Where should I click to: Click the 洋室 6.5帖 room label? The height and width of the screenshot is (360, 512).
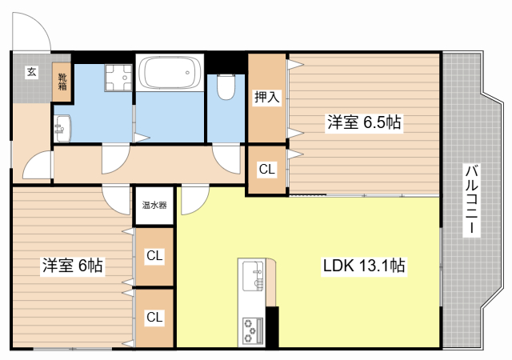(x=364, y=122)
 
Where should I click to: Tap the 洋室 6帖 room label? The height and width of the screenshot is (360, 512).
(x=73, y=266)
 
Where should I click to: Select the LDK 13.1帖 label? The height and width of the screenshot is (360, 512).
(x=364, y=266)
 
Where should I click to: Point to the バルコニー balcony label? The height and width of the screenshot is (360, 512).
(x=471, y=200)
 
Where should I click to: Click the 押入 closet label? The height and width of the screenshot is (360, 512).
(x=267, y=97)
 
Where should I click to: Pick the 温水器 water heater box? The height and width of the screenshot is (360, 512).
(x=154, y=206)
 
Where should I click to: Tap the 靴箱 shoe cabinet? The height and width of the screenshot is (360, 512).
(x=62, y=82)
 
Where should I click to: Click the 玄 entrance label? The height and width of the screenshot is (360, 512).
(x=32, y=72)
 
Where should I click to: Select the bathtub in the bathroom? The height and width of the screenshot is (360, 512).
(x=170, y=73)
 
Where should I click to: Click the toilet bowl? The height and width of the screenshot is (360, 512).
(x=226, y=87)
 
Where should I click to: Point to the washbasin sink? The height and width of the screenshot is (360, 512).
(x=62, y=129)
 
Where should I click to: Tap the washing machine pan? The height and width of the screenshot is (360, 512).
(x=118, y=78)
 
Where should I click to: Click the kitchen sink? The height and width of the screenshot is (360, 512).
(x=253, y=275)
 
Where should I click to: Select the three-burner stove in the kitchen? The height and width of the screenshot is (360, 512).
(x=253, y=330)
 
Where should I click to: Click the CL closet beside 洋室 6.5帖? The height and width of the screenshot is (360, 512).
(x=267, y=170)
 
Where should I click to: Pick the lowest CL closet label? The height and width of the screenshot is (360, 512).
(x=154, y=317)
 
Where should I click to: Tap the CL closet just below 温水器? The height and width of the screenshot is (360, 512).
(x=154, y=255)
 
